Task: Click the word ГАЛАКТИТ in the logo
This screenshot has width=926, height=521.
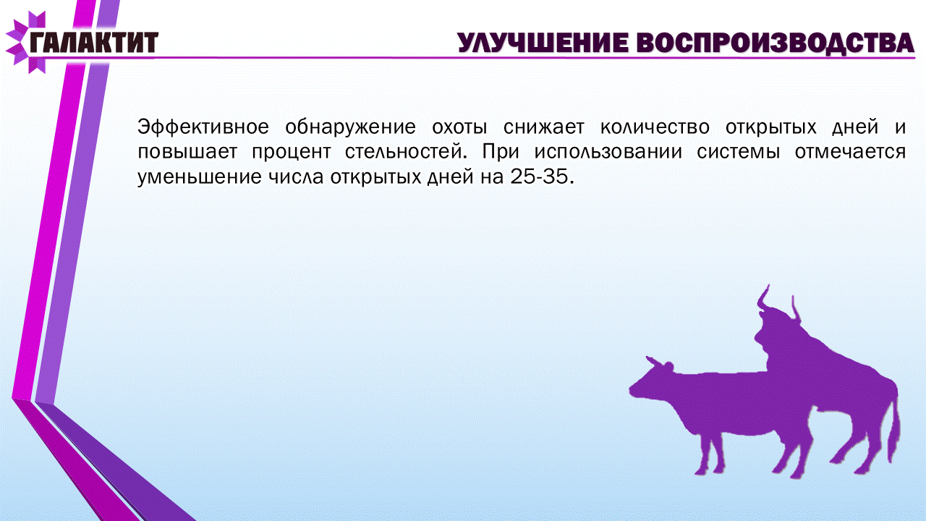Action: point(94,42)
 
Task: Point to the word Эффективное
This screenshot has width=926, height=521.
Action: point(203,127)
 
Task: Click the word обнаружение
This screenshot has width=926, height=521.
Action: point(351,127)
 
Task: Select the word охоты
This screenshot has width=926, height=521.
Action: point(459,127)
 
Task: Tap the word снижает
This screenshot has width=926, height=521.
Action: point(544,127)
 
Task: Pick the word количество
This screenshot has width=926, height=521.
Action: point(655,127)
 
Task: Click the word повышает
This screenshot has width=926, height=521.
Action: point(187,152)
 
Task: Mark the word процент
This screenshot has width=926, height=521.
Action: point(292,153)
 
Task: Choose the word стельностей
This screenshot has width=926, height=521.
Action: point(406,152)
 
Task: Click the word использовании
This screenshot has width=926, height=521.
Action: point(608,152)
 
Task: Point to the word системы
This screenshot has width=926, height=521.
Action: point(739,153)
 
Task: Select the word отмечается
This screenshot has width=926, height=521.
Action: point(850,153)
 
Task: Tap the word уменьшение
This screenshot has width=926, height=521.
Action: point(200,178)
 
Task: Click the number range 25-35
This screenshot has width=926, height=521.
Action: point(539,177)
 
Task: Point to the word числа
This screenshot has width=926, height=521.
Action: point(296,178)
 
